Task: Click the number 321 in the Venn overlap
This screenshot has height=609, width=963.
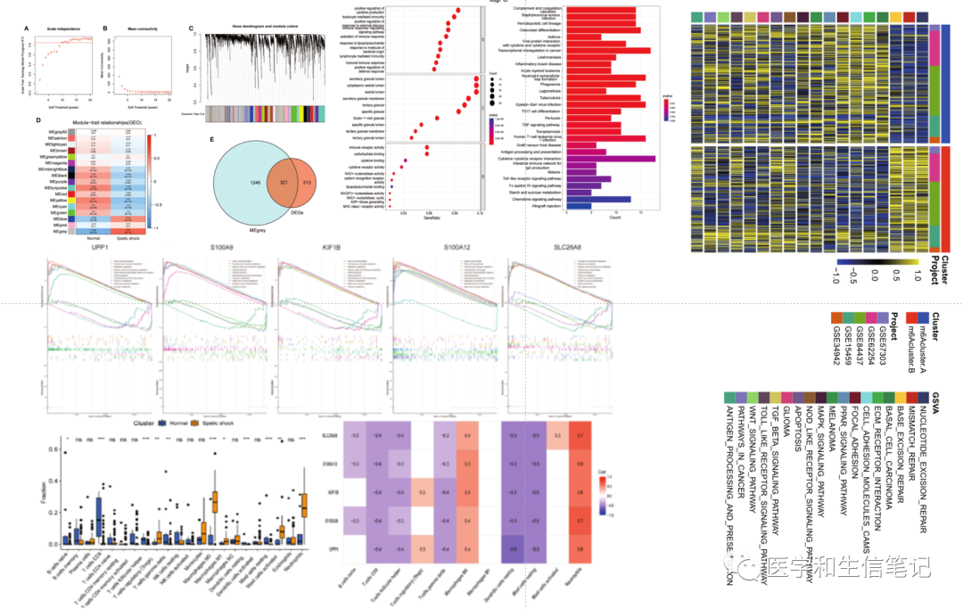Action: click(284, 181)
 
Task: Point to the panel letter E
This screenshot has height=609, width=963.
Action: click(211, 140)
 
